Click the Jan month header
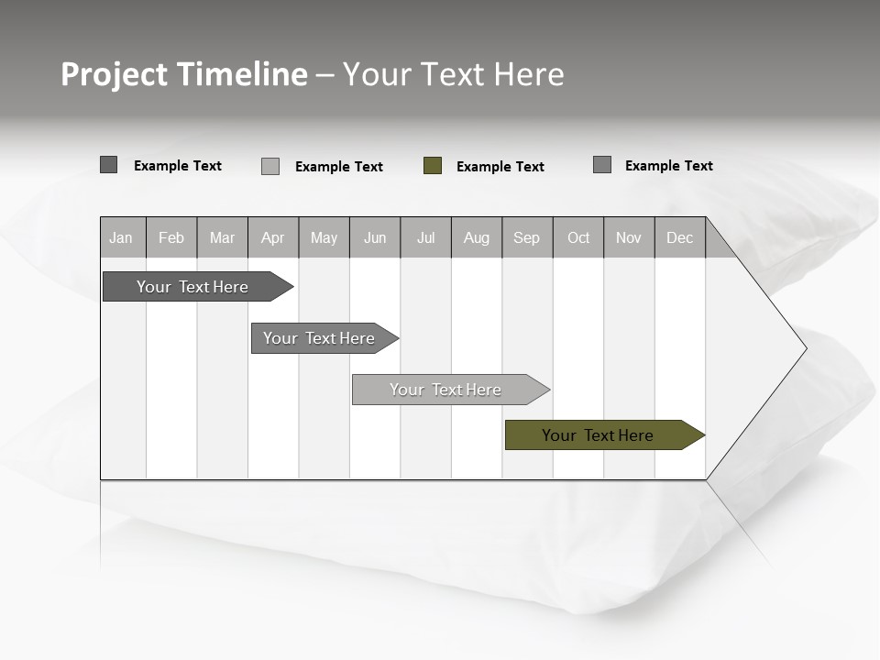click(122, 237)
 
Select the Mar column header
click(222, 237)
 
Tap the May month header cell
click(324, 237)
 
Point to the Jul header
click(425, 237)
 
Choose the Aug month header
click(476, 237)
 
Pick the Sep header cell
click(526, 237)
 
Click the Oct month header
click(578, 237)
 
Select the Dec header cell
click(679, 237)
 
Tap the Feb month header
click(171, 237)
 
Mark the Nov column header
click(629, 237)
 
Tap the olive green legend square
click(433, 166)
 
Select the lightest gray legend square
click(270, 166)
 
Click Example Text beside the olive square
click(500, 167)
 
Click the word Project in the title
click(115, 74)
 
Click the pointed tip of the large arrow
click(804, 348)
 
